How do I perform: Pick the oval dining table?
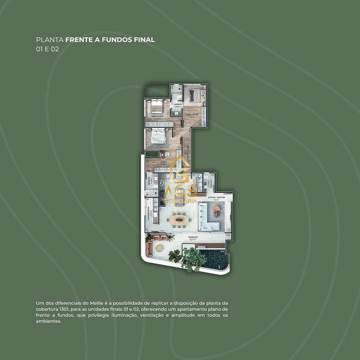(179, 220)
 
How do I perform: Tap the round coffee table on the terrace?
(159, 247)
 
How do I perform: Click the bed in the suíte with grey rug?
(158, 137)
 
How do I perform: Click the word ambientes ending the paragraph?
(49, 321)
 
